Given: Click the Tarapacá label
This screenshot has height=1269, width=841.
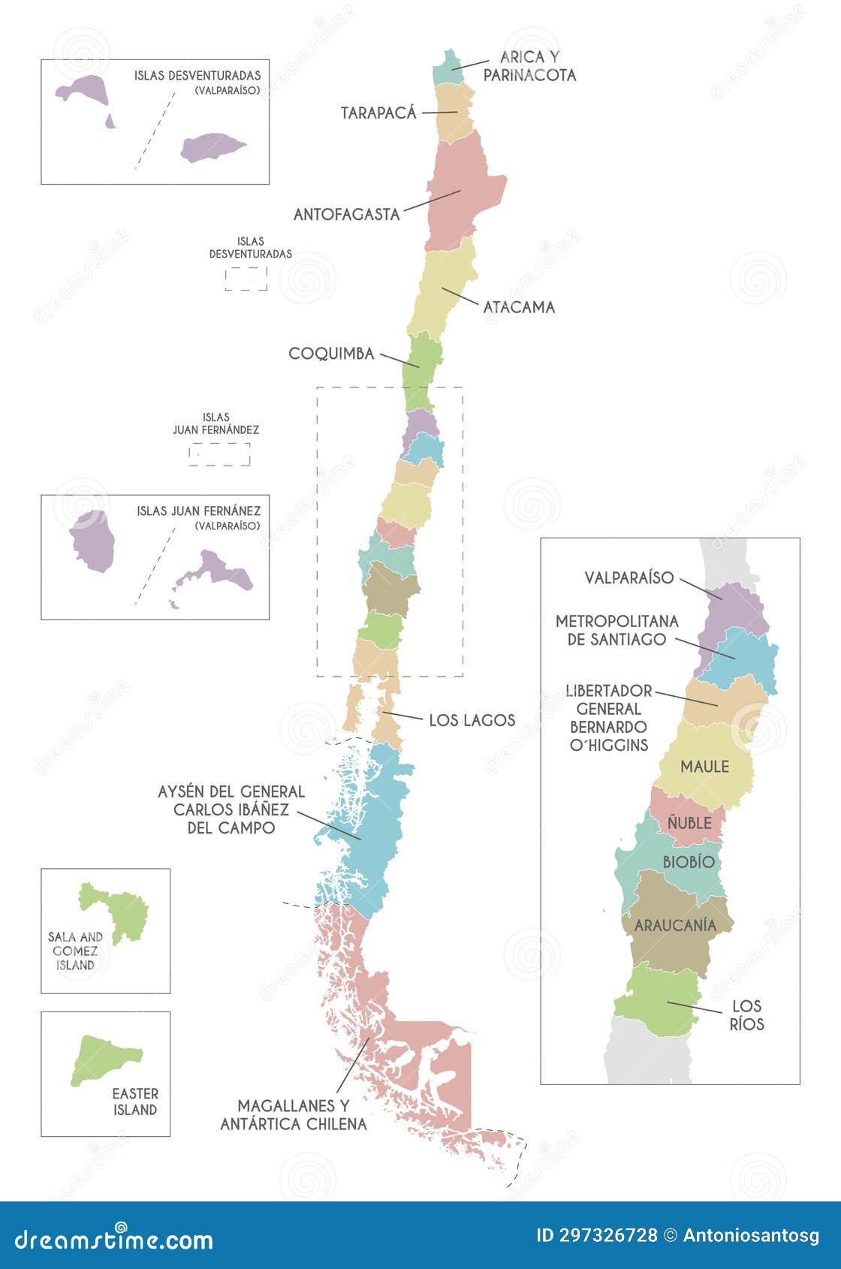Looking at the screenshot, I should click(378, 113).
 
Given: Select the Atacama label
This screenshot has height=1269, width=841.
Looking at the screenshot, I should click(519, 307).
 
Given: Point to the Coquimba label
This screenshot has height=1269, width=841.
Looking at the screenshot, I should click(331, 354).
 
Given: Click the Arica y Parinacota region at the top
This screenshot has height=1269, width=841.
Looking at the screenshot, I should click(448, 68).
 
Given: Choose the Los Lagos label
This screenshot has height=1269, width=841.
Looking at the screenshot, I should click(472, 720).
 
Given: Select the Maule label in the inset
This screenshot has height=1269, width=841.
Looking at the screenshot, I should click(704, 767).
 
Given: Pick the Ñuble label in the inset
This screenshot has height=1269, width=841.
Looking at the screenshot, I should click(689, 823).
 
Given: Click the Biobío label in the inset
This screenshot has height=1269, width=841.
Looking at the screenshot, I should click(689, 862).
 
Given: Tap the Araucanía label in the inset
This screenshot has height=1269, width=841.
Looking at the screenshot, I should click(675, 925).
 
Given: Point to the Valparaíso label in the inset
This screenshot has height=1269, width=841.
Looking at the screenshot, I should click(629, 578).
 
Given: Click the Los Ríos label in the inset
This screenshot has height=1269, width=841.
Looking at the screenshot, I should click(746, 1014).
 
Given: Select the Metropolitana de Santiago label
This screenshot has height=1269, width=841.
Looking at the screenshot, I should click(616, 630).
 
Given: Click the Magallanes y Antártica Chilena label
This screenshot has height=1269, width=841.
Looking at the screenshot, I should click(293, 1114).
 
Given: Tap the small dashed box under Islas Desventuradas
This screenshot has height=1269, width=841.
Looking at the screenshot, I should click(246, 279).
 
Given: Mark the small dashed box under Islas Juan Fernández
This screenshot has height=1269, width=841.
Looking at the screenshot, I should click(219, 454).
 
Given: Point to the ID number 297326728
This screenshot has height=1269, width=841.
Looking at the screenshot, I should click(607, 1235).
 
